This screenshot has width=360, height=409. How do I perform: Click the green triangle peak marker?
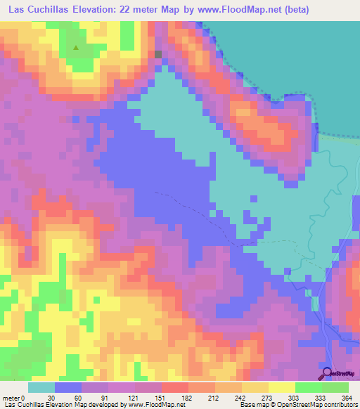[x=76, y=48]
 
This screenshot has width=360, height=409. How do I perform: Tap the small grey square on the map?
[x=158, y=53]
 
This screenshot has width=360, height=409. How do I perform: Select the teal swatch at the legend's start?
[x=41, y=387]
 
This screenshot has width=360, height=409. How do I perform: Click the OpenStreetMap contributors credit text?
[x=310, y=404]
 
